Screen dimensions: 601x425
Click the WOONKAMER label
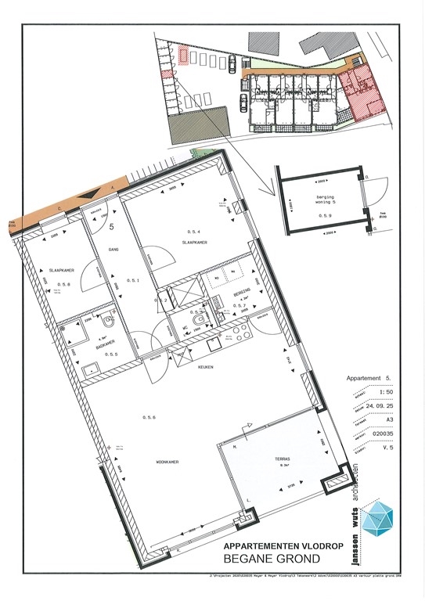(x=167, y=462)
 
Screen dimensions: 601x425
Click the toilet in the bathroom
(x=108, y=323)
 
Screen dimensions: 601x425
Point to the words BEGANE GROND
(x=272, y=559)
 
